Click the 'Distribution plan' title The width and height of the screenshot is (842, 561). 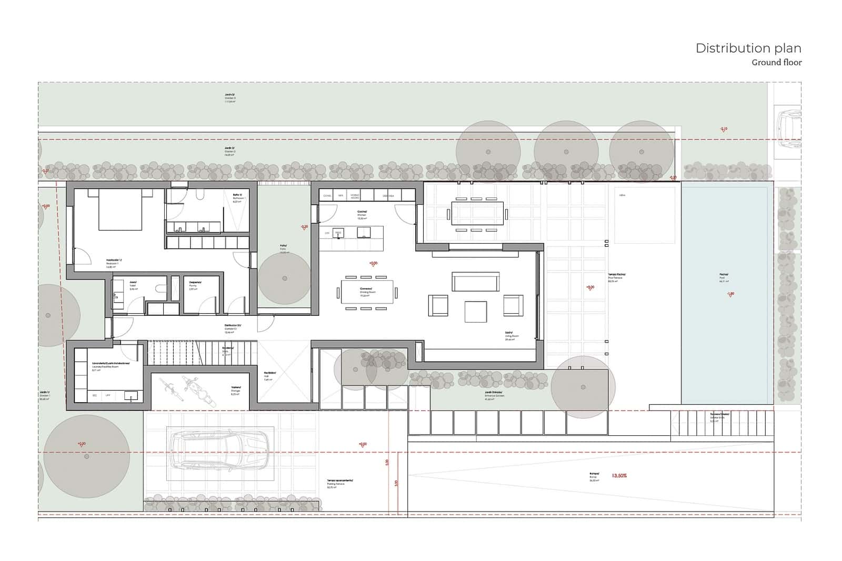click(748, 48)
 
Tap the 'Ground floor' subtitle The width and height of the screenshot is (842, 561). click(776, 63)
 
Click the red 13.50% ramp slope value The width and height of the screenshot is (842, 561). click(619, 476)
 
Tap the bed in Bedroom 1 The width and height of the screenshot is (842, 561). click(120, 210)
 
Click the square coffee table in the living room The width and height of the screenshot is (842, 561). click(476, 311)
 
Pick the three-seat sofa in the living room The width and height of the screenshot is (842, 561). click(475, 282)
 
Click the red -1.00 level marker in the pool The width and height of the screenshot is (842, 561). click(730, 294)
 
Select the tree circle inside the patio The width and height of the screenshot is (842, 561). click(285, 278)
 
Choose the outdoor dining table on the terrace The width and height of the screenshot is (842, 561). click(477, 214)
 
